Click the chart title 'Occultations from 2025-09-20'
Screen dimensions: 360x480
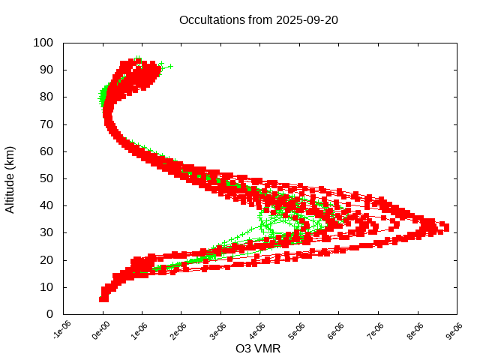[259, 19]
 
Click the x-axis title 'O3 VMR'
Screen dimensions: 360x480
[259, 349]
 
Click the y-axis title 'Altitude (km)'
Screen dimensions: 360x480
[10, 178]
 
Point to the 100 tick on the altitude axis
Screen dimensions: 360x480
[43, 43]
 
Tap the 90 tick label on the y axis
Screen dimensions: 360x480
[46, 70]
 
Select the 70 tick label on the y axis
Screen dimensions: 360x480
[46, 124]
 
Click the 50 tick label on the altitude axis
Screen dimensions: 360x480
[46, 178]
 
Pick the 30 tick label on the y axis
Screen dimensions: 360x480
[46, 232]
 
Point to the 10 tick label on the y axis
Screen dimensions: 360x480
[46, 287]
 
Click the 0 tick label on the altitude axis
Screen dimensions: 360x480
[49, 314]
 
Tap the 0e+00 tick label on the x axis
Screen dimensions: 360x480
[100, 329]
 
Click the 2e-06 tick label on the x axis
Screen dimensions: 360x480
[178, 329]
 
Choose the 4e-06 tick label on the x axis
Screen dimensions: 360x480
[257, 329]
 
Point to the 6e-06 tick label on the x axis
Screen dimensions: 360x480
[336, 329]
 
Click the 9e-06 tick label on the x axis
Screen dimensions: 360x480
[454, 329]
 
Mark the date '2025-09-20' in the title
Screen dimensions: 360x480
[306, 19]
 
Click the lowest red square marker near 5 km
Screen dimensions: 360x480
[103, 299]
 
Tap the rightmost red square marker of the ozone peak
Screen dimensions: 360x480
[445, 226]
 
